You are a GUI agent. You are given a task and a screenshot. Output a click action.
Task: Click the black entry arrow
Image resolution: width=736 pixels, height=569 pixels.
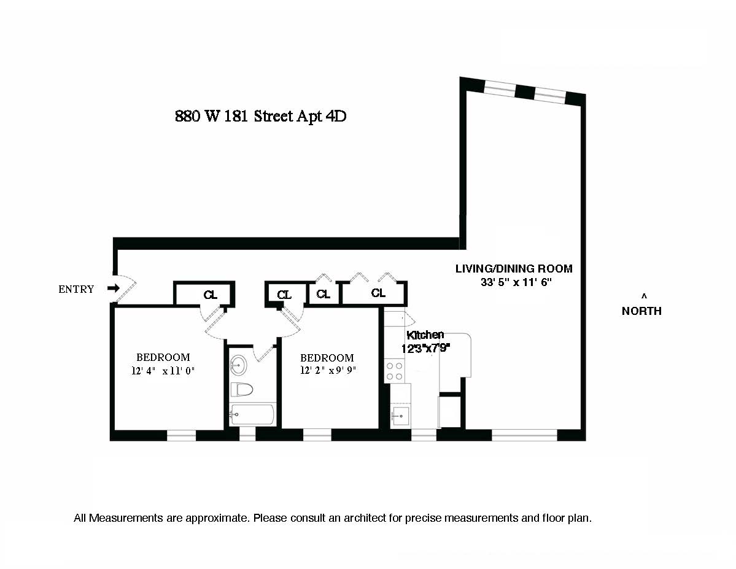[113, 288]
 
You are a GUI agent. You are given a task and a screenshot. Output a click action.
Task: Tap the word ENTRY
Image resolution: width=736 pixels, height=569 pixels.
[76, 289]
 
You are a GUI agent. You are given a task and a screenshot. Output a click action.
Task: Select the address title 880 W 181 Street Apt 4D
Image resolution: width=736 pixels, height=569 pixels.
[261, 117]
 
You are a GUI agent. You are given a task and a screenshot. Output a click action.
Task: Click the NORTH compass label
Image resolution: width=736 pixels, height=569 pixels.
[641, 311]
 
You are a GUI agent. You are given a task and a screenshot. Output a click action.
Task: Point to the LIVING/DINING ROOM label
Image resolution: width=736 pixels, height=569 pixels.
[513, 268]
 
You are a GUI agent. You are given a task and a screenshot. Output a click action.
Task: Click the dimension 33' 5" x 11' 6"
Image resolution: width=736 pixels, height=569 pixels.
[517, 283]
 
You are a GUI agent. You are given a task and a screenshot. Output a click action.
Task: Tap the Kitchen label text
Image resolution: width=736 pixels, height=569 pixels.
[425, 335]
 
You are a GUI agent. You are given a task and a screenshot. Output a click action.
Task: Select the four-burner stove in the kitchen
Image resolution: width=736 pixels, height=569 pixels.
[395, 370]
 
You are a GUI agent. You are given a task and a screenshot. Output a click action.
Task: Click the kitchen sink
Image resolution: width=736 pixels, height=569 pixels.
[400, 416]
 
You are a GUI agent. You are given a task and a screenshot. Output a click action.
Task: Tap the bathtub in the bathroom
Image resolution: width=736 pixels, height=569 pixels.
[252, 416]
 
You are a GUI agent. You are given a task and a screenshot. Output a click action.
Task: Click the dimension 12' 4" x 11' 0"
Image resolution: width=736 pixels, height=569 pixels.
[162, 370]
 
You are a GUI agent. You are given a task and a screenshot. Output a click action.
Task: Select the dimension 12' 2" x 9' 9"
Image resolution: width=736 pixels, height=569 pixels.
[328, 370]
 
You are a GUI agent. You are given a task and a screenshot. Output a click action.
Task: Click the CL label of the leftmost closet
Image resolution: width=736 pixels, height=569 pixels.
[210, 295]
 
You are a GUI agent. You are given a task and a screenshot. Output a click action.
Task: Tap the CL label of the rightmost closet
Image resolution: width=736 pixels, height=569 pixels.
[378, 293]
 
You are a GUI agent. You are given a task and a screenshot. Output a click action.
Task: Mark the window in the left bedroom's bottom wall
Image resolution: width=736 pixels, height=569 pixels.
[181, 435]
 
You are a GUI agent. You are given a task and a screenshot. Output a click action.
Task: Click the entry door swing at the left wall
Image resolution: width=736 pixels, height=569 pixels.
[125, 288]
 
